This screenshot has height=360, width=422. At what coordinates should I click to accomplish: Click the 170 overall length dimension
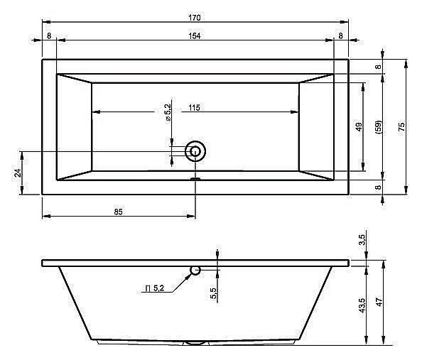coord(195,18)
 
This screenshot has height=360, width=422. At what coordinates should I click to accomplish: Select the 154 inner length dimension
coord(195,36)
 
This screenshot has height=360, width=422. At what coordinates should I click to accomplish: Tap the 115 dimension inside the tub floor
coord(195,108)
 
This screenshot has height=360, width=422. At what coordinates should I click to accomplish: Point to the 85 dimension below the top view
coord(118,212)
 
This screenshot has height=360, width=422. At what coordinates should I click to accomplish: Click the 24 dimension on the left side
coord(18,173)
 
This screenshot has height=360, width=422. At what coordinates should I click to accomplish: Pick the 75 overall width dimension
coord(401,126)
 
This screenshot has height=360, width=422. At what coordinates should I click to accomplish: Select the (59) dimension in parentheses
coord(379,127)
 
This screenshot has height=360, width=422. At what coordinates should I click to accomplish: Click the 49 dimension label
coord(359,126)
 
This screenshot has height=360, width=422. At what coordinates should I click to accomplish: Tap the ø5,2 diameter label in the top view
coord(168,112)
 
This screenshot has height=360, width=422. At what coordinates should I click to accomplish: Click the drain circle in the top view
coord(195,151)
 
